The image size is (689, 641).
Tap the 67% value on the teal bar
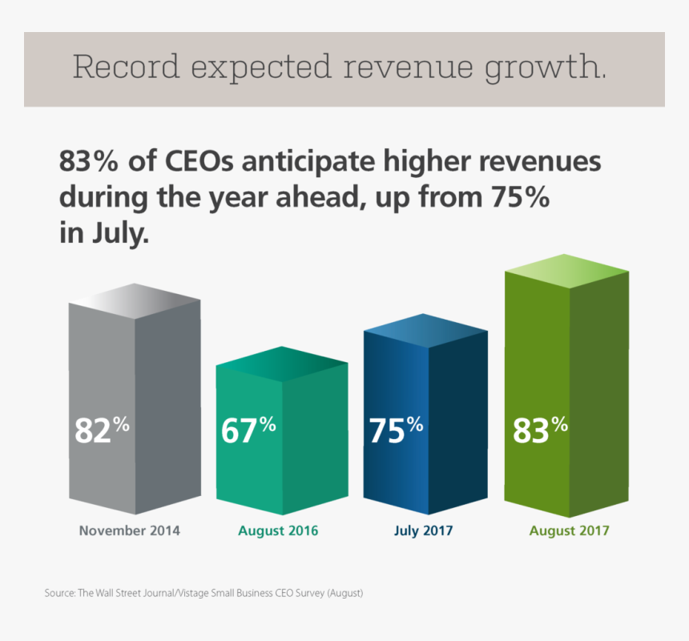248,429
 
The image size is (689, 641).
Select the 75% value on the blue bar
396,429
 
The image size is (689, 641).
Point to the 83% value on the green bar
540,429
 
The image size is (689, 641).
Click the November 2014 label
130,530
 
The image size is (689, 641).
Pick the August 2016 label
278,530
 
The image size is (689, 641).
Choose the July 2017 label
424,530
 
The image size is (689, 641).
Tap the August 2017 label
570,530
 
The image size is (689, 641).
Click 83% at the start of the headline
88,162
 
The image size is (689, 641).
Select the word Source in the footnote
59,594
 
